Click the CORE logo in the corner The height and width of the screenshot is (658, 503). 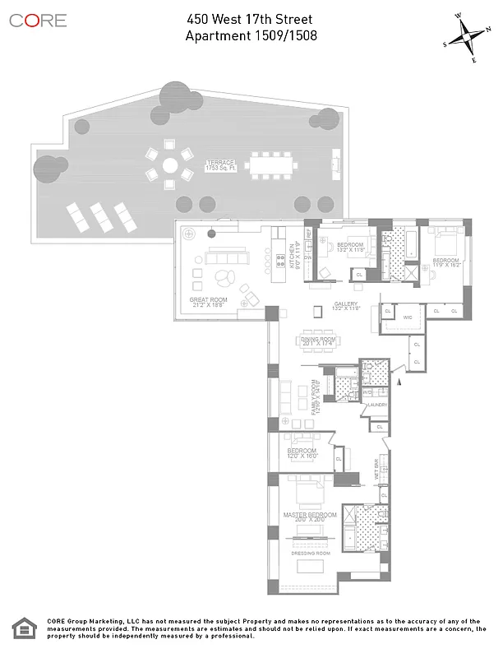pos(38,21)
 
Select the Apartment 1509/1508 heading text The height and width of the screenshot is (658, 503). pos(251,35)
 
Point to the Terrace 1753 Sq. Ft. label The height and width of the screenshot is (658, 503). pos(220,165)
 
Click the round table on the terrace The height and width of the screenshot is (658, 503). pos(169,164)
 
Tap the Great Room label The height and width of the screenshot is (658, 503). pos(208,303)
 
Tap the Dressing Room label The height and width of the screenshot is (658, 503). pos(309,554)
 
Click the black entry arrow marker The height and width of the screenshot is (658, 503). pos(400,380)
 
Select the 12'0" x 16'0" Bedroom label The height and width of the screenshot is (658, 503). pos(302,454)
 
